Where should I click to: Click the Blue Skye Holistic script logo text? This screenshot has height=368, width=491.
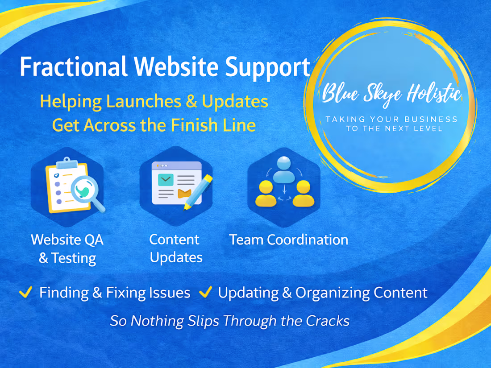pos(392,94)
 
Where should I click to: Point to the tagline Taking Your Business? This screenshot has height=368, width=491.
pos(391,119)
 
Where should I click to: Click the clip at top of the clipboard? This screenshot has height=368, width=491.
pos(67,161)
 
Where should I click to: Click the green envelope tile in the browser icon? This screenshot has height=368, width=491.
pos(166,179)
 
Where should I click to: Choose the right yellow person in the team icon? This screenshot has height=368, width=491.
pos(304,195)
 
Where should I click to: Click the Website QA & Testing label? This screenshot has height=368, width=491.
pos(67,248)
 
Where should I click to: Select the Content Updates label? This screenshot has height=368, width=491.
pos(175,248)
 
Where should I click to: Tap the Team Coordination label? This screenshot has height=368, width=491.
pos(288,240)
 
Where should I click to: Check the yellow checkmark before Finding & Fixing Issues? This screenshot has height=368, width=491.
pos(25,293)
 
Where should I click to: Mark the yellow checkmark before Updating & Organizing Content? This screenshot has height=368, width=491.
pos(205,293)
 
